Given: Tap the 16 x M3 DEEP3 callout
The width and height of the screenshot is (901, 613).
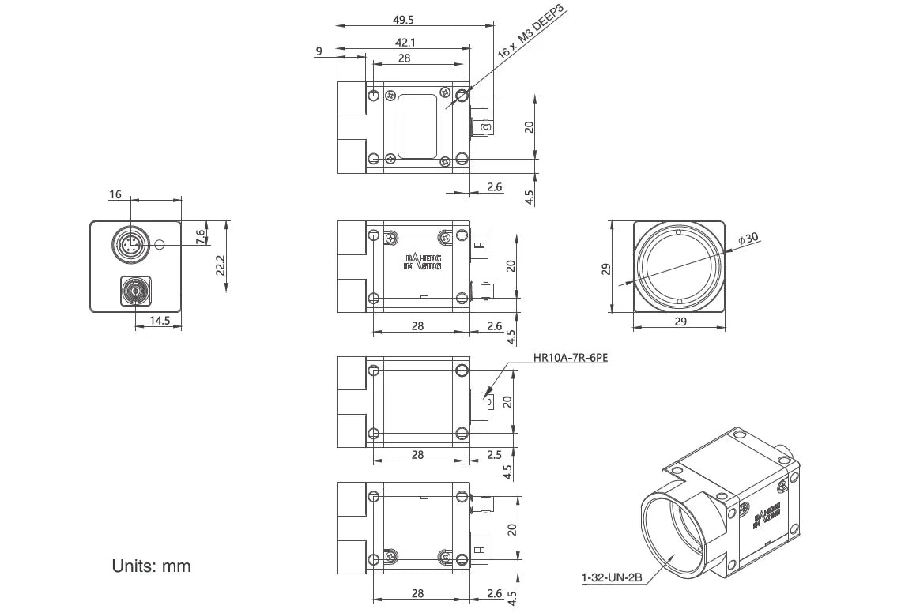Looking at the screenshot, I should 531,32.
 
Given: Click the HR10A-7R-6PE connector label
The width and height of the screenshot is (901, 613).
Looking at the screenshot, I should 571,358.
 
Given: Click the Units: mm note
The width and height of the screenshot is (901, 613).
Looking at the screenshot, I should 151,566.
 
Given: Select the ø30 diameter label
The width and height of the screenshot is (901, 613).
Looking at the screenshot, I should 747,238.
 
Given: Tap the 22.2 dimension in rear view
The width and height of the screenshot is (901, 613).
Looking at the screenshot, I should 221,265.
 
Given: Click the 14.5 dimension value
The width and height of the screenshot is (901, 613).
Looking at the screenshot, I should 159,321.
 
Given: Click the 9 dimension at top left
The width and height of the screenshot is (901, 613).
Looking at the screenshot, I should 319,51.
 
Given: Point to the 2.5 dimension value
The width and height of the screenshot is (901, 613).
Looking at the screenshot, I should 495,454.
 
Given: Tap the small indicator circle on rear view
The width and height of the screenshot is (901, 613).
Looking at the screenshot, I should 161,244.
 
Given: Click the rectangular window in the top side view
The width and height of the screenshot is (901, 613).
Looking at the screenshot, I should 418,126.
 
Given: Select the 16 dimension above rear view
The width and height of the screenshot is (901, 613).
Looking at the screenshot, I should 116,194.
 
